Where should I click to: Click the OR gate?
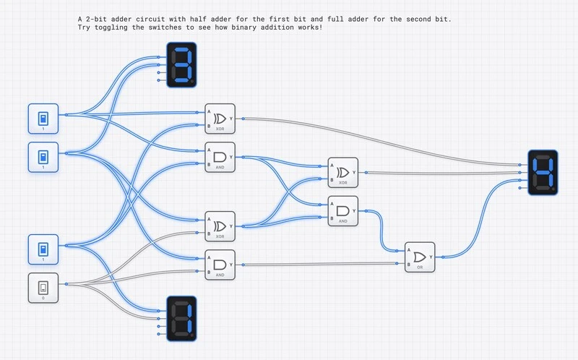(x=420, y=256)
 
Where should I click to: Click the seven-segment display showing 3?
(x=181, y=64)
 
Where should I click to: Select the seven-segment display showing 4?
(x=543, y=171)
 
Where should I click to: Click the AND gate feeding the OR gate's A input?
(x=342, y=210)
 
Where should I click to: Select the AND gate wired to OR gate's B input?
(x=220, y=264)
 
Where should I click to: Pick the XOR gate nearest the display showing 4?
(x=342, y=172)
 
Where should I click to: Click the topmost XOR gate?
(x=220, y=118)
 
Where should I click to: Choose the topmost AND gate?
(x=220, y=157)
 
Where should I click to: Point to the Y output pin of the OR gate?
(x=431, y=256)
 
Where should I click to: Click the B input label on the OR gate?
(x=409, y=265)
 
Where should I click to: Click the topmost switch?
(x=43, y=119)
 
